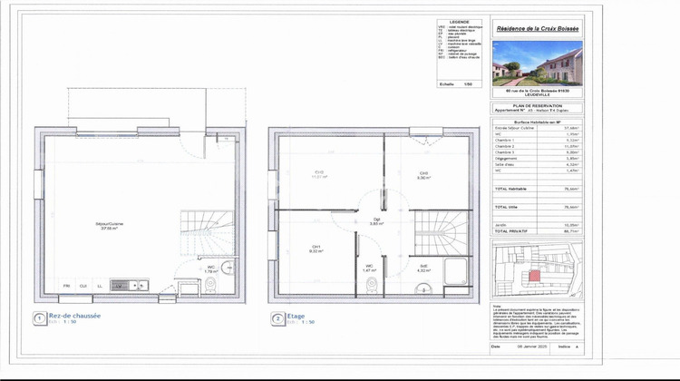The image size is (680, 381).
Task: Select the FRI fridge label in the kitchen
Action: coord(66,287)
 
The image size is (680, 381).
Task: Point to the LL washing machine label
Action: coord(99,287)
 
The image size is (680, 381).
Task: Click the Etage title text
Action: coord(296,316)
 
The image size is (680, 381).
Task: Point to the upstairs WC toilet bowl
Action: coord(371,287)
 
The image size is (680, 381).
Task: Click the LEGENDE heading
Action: coord(459,21)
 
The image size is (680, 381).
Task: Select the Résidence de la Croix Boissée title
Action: coord(537,29)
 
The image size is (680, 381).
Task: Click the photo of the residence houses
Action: coord(537,63)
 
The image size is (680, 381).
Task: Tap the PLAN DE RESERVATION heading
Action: coord(537,106)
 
